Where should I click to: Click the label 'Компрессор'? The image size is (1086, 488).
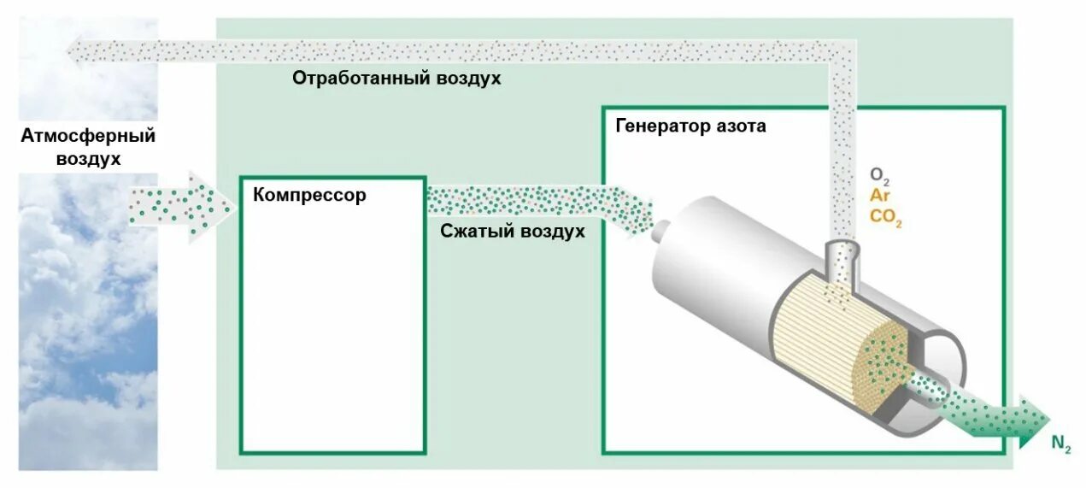pyautogui.click(x=309, y=196)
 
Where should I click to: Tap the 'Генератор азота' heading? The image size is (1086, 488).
pyautogui.click(x=690, y=126)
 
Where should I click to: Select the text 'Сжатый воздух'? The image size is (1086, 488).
pyautogui.click(x=513, y=231)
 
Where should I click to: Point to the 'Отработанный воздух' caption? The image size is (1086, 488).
pyautogui.click(x=396, y=78)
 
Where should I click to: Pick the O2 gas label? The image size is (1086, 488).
pyautogui.click(x=880, y=176)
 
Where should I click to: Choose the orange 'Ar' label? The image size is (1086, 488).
pyautogui.click(x=879, y=196)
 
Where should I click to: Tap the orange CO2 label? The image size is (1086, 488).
pyautogui.click(x=885, y=217)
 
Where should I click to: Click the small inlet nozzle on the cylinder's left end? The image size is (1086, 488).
pyautogui.click(x=660, y=228)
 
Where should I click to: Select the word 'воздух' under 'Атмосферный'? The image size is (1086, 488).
pyautogui.click(x=88, y=160)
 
